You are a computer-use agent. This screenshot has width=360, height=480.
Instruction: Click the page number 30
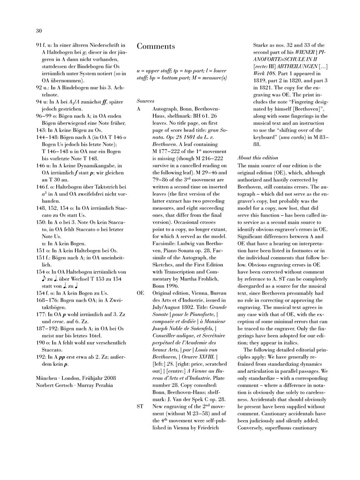coord(39,30)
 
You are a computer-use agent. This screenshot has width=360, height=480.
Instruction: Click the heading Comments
coord(156,46)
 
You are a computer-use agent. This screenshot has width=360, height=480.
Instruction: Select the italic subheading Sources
coord(145,101)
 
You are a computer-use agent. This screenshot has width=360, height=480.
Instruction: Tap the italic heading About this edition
coord(257,157)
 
